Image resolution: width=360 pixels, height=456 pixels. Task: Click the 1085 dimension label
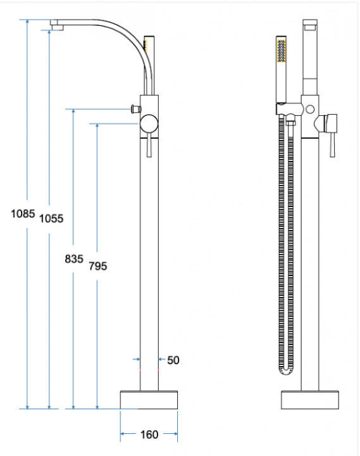pyautogui.click(x=23, y=214)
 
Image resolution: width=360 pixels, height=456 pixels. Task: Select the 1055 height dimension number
pyautogui.click(x=51, y=218)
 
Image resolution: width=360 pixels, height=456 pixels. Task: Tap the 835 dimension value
pyautogui.click(x=74, y=258)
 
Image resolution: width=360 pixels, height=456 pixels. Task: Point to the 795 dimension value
pyautogui.click(x=98, y=266)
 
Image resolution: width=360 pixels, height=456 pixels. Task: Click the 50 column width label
pyautogui.click(x=173, y=360)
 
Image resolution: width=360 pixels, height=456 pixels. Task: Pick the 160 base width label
pyautogui.click(x=149, y=434)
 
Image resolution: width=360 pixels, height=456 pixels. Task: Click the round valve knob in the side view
pyautogui.click(x=149, y=123)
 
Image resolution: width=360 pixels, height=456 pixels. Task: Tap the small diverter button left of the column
pyautogui.click(x=136, y=109)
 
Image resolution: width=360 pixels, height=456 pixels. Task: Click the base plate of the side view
pyautogui.click(x=149, y=400)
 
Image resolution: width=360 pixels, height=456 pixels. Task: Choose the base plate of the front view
pyautogui.click(x=310, y=400)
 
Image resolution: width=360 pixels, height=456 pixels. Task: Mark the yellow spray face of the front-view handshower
pyautogui.click(x=282, y=51)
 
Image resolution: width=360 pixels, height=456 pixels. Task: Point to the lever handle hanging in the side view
pyautogui.click(x=149, y=146)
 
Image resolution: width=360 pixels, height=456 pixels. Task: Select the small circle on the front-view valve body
pyautogui.click(x=310, y=110)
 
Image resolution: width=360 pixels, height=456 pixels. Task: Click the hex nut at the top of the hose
pyautogui.click(x=290, y=123)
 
